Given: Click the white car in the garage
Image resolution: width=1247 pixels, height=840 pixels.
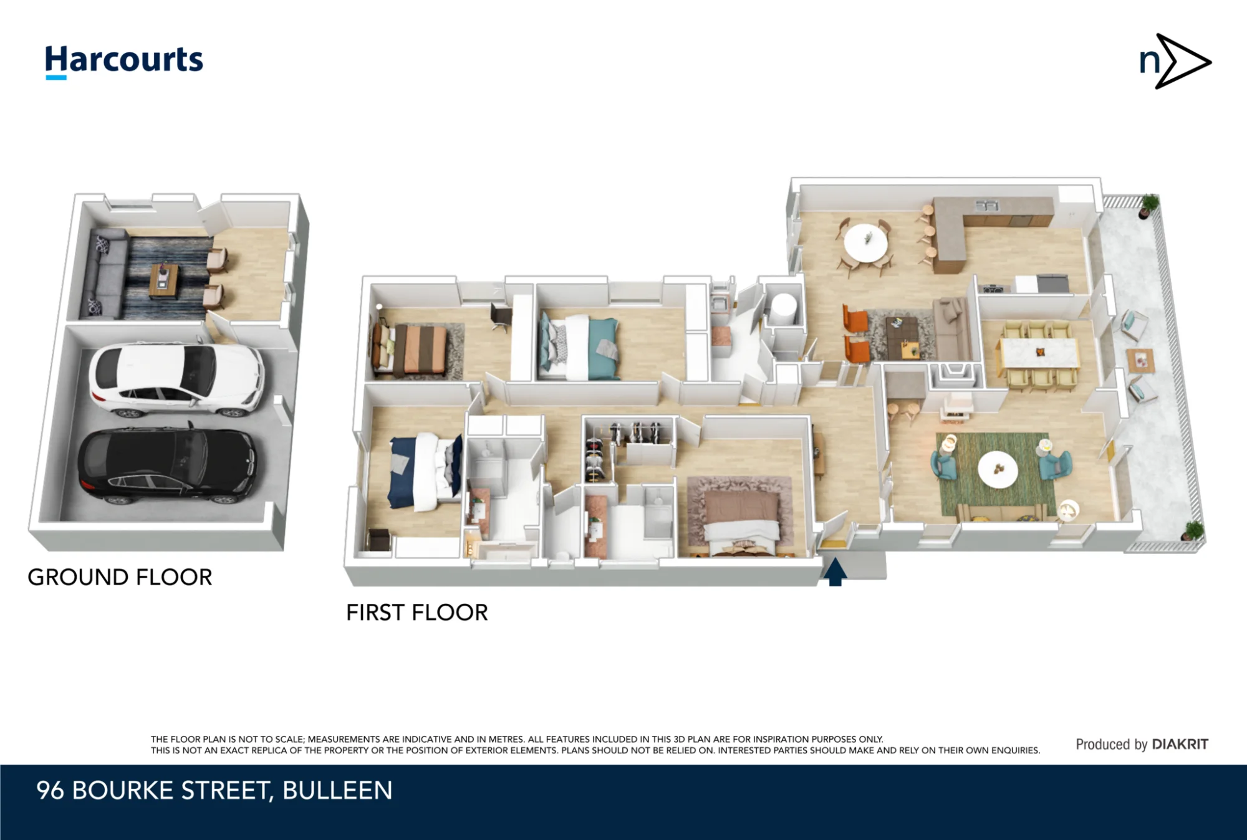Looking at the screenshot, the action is coord(176,379).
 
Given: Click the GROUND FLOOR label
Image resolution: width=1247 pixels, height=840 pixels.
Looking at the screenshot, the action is coord(120,577).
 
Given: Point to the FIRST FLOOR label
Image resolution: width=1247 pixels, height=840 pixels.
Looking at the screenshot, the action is coord(417,613).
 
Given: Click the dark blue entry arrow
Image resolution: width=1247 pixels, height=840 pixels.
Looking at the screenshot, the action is coord(835,572).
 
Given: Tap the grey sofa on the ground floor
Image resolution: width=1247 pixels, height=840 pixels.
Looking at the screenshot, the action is coord(108,273).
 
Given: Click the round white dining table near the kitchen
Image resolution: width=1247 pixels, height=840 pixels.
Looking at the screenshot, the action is coord(866,242).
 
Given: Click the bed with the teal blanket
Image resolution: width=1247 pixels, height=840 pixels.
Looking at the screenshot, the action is coord(579,347).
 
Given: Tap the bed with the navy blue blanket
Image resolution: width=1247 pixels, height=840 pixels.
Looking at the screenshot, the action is coord(425,472).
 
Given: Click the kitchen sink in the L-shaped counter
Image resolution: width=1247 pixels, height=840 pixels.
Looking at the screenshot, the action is coord(986,204).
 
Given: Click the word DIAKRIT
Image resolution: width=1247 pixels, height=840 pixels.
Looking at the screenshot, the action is coord(1180,744).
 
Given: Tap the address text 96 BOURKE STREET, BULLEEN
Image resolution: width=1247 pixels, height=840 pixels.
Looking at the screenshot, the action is coord(214,790).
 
